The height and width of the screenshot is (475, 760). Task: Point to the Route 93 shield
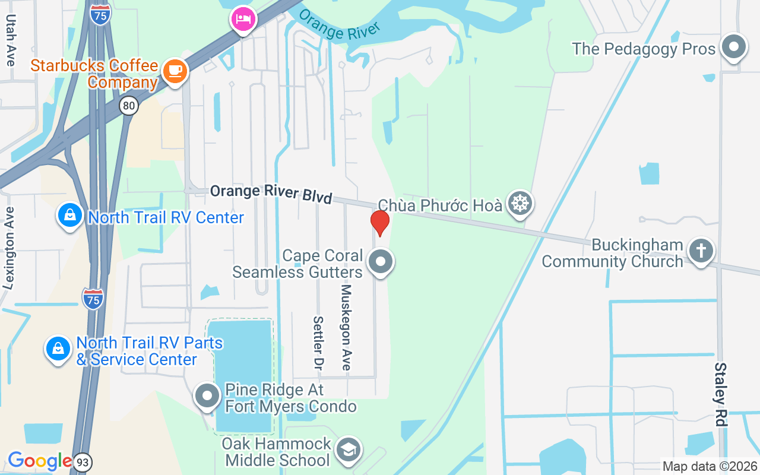point(83,461)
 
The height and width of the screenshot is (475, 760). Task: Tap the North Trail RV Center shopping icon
point(70,216)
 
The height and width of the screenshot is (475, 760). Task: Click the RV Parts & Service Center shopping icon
point(58,349)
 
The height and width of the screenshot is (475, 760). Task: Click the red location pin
point(379,223)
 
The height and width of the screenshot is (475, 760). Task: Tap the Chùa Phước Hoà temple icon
point(520,204)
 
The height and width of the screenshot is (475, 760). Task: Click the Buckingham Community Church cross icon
point(701,251)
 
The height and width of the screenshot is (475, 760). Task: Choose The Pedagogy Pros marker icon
point(734,47)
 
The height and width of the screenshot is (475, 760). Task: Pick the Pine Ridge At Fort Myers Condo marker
point(208,395)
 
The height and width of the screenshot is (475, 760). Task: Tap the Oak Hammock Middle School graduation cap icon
point(348,451)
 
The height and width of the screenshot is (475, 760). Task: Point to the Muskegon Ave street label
point(346,327)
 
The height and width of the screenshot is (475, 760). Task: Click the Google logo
point(39,460)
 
